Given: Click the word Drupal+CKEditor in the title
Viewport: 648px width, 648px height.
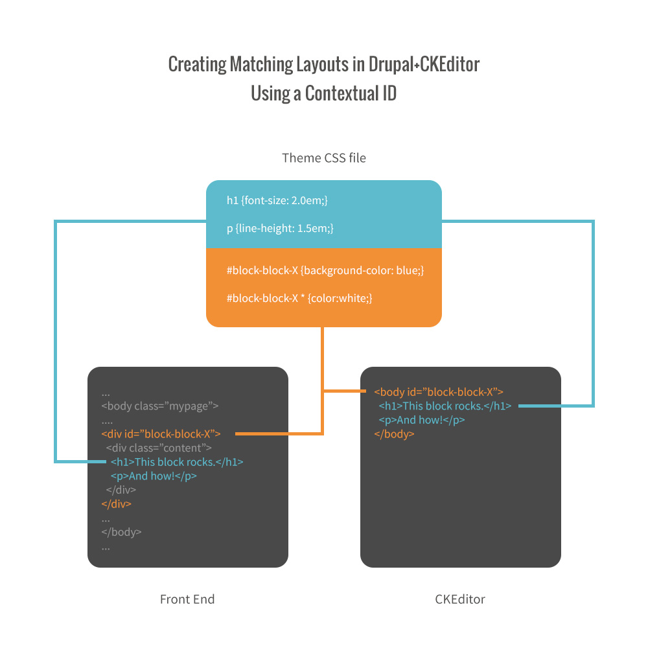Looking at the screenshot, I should pyautogui.click(x=424, y=65).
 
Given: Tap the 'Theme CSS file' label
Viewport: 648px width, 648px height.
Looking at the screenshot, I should pyautogui.click(x=324, y=157).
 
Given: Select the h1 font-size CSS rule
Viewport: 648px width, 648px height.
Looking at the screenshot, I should pyautogui.click(x=277, y=201).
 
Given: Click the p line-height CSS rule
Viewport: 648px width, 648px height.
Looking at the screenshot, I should pyautogui.click(x=280, y=228).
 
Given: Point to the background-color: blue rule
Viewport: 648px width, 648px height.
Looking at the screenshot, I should pyautogui.click(x=325, y=270).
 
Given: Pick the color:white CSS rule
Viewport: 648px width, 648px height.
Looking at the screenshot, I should pyautogui.click(x=299, y=298).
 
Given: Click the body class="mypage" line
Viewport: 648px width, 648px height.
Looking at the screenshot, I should pyautogui.click(x=159, y=406).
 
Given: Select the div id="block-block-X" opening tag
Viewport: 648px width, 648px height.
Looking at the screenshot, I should pyautogui.click(x=161, y=434).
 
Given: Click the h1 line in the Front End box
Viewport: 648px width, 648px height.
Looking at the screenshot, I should pyautogui.click(x=177, y=462).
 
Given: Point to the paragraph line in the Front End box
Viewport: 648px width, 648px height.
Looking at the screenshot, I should pyautogui.click(x=154, y=476).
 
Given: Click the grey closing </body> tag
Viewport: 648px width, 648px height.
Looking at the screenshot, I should pyautogui.click(x=121, y=532).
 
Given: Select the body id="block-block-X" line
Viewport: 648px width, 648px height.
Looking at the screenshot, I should pyautogui.click(x=439, y=391).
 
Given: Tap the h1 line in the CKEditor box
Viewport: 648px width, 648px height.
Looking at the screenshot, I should pyautogui.click(x=445, y=406).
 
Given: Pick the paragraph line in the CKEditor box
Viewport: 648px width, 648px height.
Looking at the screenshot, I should pyautogui.click(x=422, y=420).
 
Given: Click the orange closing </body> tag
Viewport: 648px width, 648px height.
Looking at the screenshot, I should pyautogui.click(x=394, y=434).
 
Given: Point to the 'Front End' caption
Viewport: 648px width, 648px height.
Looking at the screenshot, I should pyautogui.click(x=187, y=599).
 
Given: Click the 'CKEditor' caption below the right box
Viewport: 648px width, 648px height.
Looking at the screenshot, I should pyautogui.click(x=460, y=599).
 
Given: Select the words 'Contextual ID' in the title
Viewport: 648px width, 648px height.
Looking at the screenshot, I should pyautogui.click(x=351, y=93).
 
